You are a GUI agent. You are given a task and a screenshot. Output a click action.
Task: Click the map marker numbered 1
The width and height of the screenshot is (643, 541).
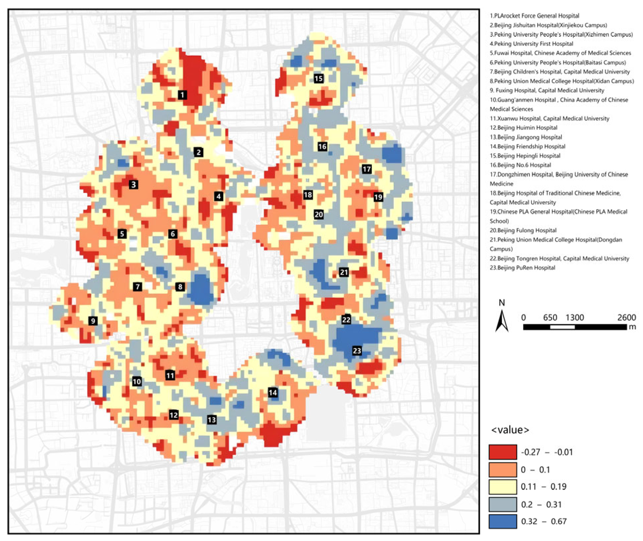click(x=182, y=95)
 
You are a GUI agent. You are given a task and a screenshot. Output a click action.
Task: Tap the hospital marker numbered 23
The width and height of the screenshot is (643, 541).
click(x=357, y=350)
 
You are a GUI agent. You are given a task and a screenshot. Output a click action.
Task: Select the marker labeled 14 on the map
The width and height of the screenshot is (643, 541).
click(x=273, y=393)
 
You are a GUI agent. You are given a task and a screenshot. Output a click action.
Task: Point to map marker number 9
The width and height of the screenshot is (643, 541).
click(x=93, y=321)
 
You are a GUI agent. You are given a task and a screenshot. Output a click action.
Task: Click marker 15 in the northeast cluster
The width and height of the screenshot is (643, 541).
click(x=319, y=78)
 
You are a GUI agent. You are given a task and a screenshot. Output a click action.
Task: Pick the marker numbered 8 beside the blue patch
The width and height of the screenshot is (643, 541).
click(x=180, y=287)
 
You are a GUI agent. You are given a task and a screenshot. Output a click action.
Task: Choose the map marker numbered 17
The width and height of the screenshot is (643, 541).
click(x=366, y=169)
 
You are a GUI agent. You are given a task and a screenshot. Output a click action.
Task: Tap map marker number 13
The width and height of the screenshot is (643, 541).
click(x=212, y=420)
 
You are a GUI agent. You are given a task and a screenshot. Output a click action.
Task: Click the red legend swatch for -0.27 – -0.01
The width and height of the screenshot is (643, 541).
click(x=502, y=452)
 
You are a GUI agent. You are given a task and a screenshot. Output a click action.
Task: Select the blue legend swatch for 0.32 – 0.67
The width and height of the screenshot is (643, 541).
click(x=502, y=521)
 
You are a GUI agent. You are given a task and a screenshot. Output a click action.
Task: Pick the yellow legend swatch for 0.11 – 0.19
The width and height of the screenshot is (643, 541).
click(x=502, y=487)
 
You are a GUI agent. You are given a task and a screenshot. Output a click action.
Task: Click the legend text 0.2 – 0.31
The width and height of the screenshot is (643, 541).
click(x=541, y=504)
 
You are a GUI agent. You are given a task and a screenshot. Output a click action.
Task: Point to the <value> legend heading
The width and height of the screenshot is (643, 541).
click(x=510, y=430)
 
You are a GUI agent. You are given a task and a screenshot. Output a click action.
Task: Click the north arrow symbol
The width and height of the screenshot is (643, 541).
click(x=502, y=320)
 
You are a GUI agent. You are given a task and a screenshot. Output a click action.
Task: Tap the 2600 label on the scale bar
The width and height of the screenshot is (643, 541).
click(x=626, y=318)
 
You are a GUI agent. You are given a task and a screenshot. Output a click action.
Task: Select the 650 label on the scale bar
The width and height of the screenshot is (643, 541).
click(x=550, y=318)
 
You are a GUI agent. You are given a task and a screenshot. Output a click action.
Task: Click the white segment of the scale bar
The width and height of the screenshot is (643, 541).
click(x=562, y=327)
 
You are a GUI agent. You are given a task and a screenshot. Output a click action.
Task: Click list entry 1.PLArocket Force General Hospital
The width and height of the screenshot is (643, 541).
click(x=534, y=16)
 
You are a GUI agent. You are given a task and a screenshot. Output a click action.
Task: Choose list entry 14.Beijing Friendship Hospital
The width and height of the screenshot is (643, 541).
click(x=527, y=146)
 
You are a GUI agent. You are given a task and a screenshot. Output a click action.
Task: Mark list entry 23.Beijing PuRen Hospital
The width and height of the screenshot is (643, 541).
click(x=522, y=268)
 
